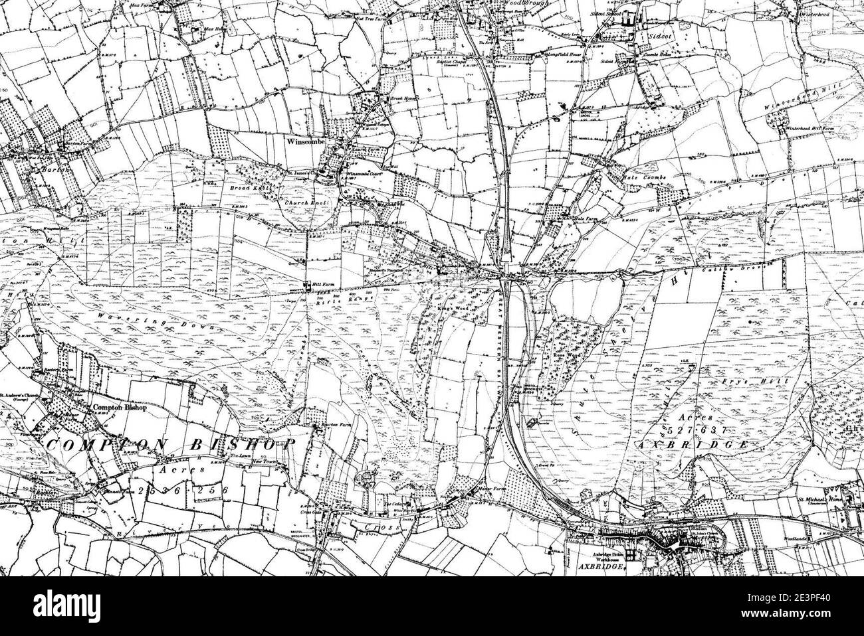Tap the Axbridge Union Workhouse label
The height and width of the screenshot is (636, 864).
point(595,554)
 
